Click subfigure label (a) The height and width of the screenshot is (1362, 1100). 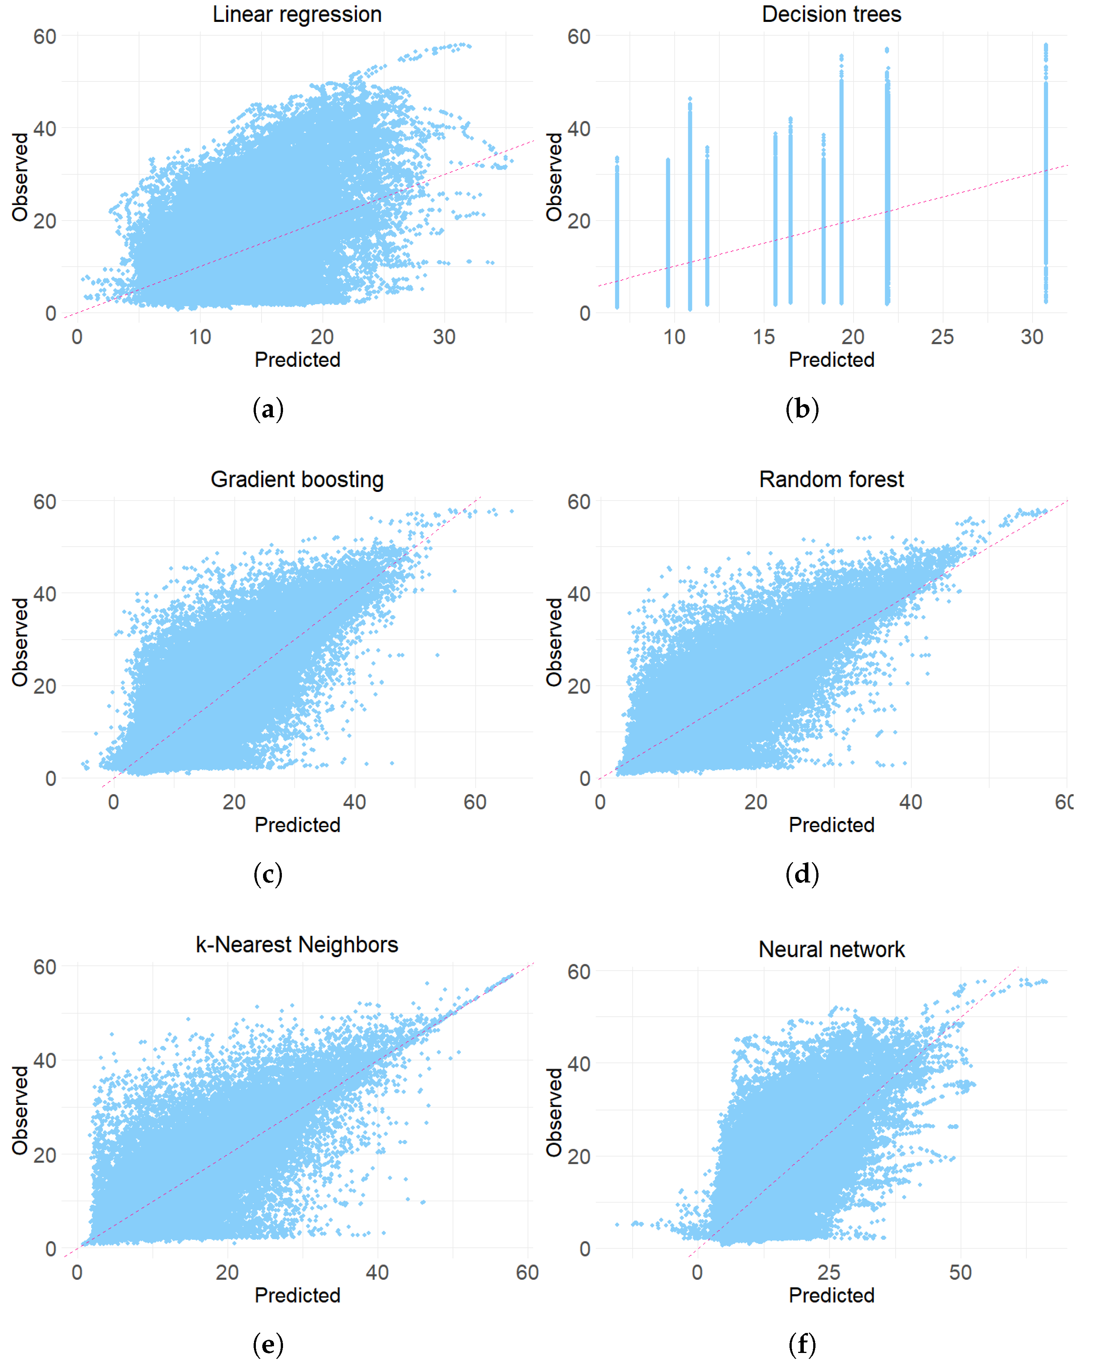tap(268, 409)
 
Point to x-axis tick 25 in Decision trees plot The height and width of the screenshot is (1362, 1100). tap(942, 337)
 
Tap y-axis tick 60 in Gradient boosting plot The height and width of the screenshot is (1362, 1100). tap(44, 501)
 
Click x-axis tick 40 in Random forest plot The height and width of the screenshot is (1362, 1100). tap(910, 802)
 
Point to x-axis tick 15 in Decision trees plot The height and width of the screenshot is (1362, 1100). tap(763, 337)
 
